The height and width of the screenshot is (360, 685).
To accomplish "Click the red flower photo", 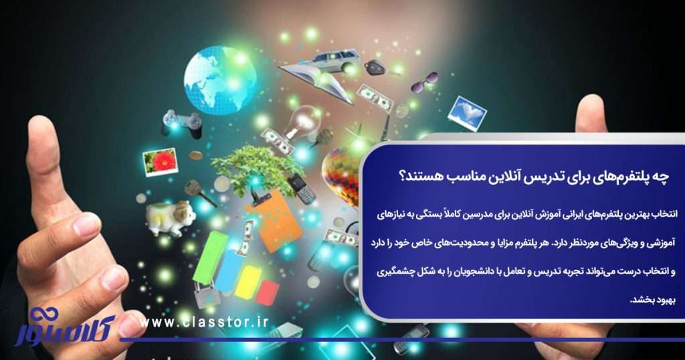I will [x=161, y=161].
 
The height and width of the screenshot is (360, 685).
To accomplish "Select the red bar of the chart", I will [x=268, y=292].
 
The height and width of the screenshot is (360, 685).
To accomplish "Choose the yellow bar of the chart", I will [x=248, y=281].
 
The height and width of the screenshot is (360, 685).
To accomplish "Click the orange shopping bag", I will [x=273, y=218].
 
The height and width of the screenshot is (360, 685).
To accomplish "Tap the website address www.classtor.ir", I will [x=205, y=322].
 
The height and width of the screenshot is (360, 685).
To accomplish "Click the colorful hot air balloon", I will [x=340, y=175].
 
